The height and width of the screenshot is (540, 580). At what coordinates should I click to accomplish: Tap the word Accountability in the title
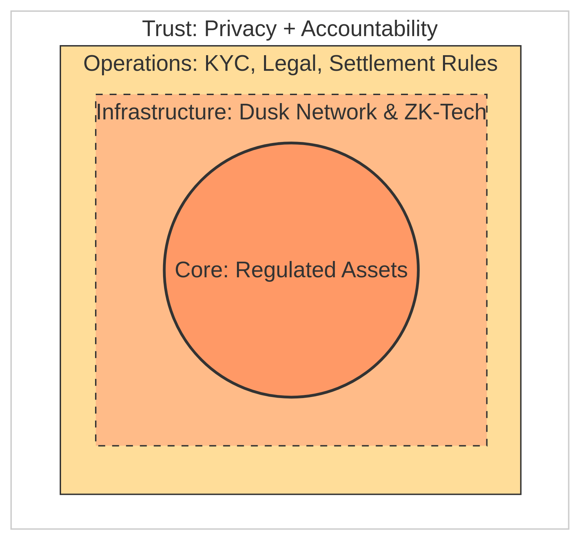[369, 29]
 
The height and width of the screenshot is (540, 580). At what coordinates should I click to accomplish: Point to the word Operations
[138, 64]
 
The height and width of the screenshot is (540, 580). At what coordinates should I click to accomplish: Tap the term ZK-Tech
[445, 112]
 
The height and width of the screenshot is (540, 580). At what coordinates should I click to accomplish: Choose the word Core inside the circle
[200, 270]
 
